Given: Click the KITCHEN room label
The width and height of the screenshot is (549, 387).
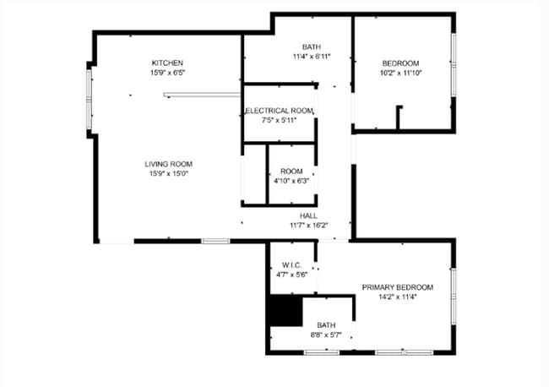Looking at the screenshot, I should coord(167,63).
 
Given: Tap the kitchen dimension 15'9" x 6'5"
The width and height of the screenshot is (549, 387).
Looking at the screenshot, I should coord(167,74).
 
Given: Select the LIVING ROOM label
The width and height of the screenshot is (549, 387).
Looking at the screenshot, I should coord(169,164).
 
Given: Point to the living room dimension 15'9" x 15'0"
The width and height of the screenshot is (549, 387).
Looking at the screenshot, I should coord(169,174).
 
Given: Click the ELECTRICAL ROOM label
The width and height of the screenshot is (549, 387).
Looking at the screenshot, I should coord(280,111).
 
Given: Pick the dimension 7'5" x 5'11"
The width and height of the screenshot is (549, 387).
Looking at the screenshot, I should coord(280,120).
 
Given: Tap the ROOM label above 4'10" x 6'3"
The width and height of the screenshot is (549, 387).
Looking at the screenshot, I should coord(291,172).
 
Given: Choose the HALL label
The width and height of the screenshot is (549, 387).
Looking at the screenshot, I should coord(308,215).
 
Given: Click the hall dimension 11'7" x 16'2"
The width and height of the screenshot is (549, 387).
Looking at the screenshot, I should coord(308,226).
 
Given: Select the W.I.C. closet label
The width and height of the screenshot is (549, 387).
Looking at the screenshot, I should coord(291,264).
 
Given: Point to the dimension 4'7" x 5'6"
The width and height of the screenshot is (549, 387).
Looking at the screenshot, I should coord(291,275).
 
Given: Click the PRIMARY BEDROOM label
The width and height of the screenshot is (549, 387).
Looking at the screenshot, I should coord(397,287).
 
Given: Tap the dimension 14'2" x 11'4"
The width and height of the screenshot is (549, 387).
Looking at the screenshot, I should coord(397,297).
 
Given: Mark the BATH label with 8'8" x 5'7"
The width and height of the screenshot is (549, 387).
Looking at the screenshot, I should coord(326,325).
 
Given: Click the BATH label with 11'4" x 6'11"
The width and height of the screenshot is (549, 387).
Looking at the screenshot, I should coord(312,46).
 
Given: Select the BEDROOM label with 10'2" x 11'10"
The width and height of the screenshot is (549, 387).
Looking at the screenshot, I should coord(400,63).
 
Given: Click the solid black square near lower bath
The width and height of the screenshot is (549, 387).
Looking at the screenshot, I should coord(285,310).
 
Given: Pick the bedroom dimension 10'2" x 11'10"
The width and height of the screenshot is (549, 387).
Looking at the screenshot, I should coord(400,74).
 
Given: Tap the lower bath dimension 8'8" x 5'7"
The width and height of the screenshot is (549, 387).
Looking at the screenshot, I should coord(326,335).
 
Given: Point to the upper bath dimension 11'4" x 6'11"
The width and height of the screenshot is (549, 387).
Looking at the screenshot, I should coord(312,57).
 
